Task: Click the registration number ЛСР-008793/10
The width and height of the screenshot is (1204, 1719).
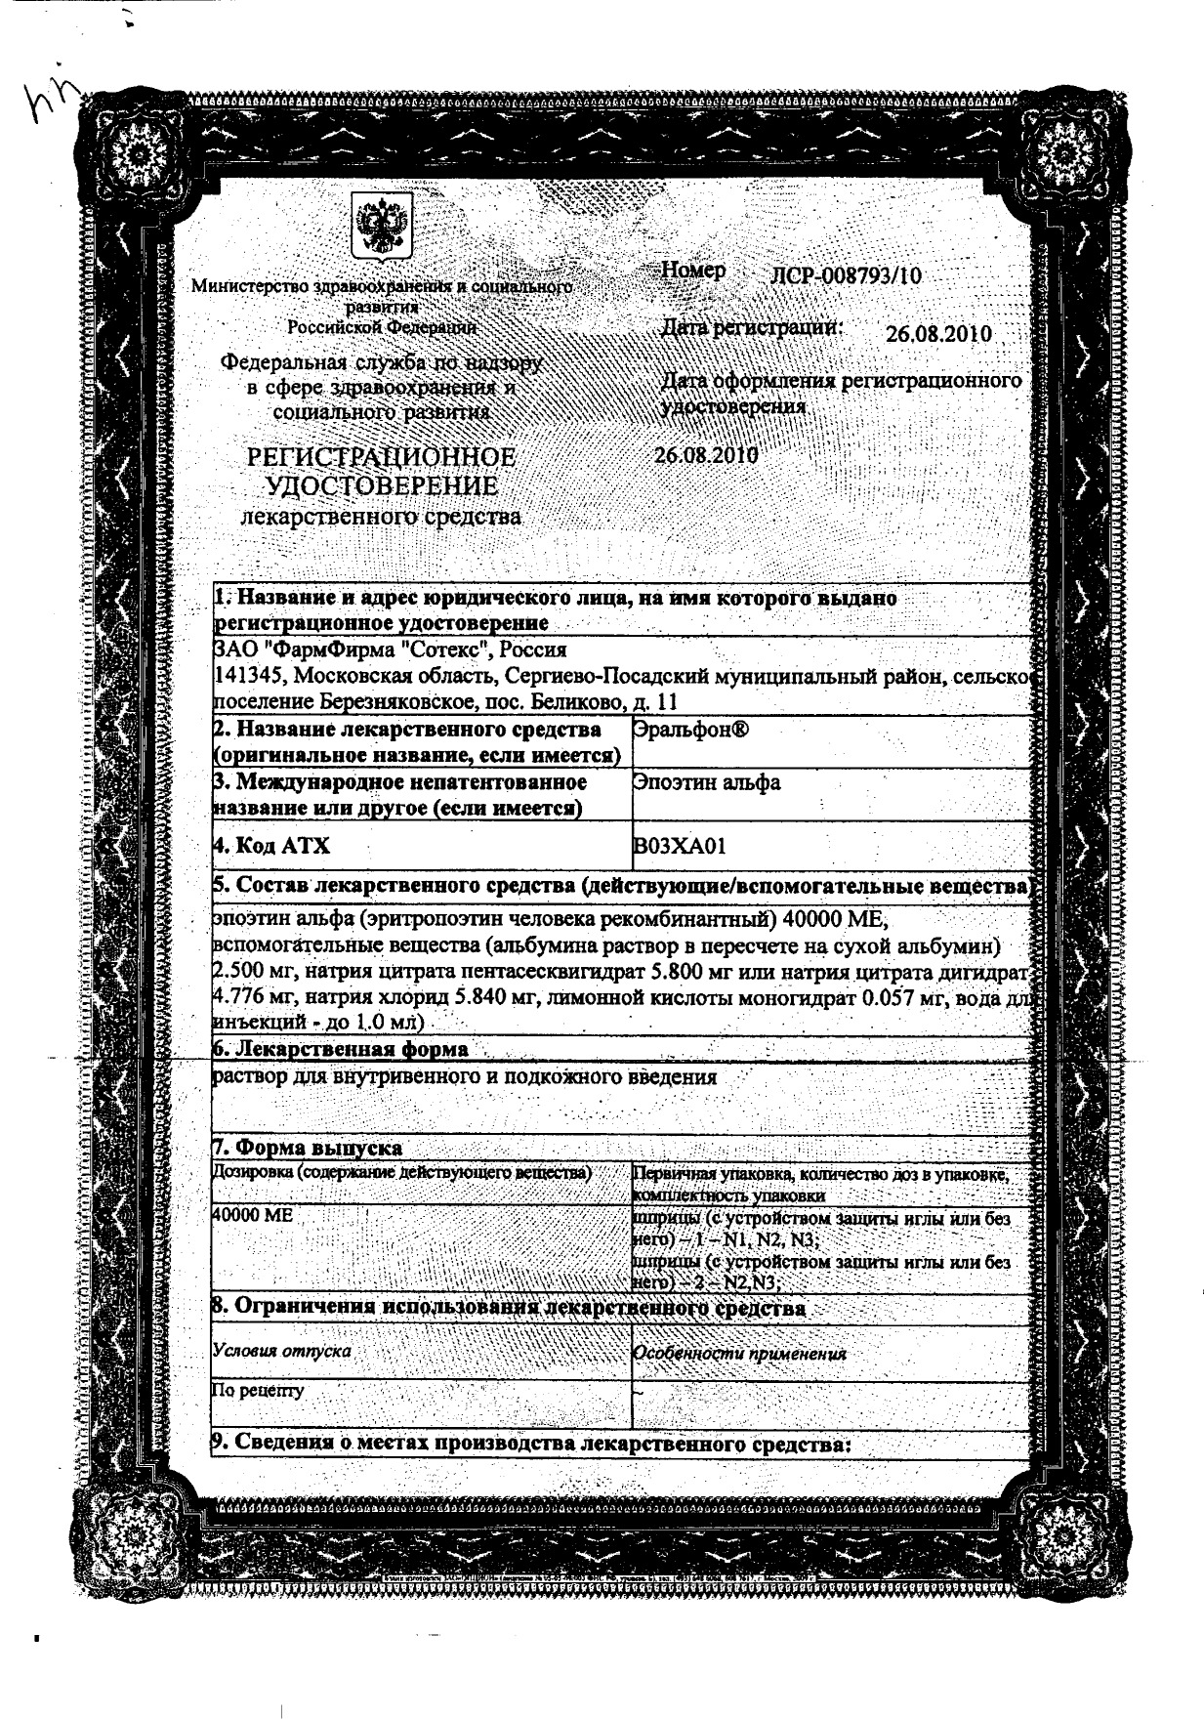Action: (x=845, y=275)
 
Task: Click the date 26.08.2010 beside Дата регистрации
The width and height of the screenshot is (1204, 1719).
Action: (x=938, y=334)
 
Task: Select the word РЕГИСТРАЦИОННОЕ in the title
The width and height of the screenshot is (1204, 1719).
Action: (x=381, y=457)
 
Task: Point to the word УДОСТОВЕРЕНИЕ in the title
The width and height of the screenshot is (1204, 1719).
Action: (x=381, y=485)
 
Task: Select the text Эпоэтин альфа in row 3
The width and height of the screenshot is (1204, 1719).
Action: (x=706, y=782)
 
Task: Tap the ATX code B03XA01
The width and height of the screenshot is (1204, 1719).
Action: (x=680, y=846)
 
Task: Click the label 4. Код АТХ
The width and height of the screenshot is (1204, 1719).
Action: (x=270, y=846)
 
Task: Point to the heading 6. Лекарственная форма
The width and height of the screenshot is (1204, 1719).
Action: (x=340, y=1049)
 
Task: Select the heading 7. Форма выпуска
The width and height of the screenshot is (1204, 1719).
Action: (x=307, y=1148)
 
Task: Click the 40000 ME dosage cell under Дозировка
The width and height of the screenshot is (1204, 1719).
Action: (x=252, y=1215)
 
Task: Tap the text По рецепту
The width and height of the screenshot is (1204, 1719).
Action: (x=258, y=1390)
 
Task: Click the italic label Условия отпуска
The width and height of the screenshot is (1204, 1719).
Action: (x=281, y=1352)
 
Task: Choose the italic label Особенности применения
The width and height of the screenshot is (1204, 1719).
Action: (x=739, y=1354)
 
